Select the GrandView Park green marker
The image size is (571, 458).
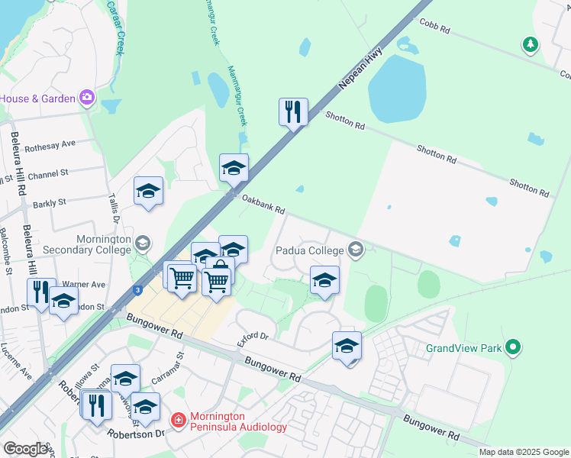(x=513, y=348)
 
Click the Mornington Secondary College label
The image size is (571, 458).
(x=103, y=244)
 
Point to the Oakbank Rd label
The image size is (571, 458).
(x=263, y=204)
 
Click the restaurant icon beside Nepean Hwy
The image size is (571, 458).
(x=293, y=112)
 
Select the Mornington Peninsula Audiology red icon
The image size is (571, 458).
(x=178, y=421)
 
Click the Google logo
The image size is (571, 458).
(x=27, y=448)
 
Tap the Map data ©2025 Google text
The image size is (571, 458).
(x=524, y=452)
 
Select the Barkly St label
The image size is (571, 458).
(x=50, y=203)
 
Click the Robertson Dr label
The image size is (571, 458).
(x=138, y=433)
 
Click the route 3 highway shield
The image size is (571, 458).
(x=137, y=289)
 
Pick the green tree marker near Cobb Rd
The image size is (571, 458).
(x=530, y=45)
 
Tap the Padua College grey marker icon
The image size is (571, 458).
(x=354, y=249)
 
